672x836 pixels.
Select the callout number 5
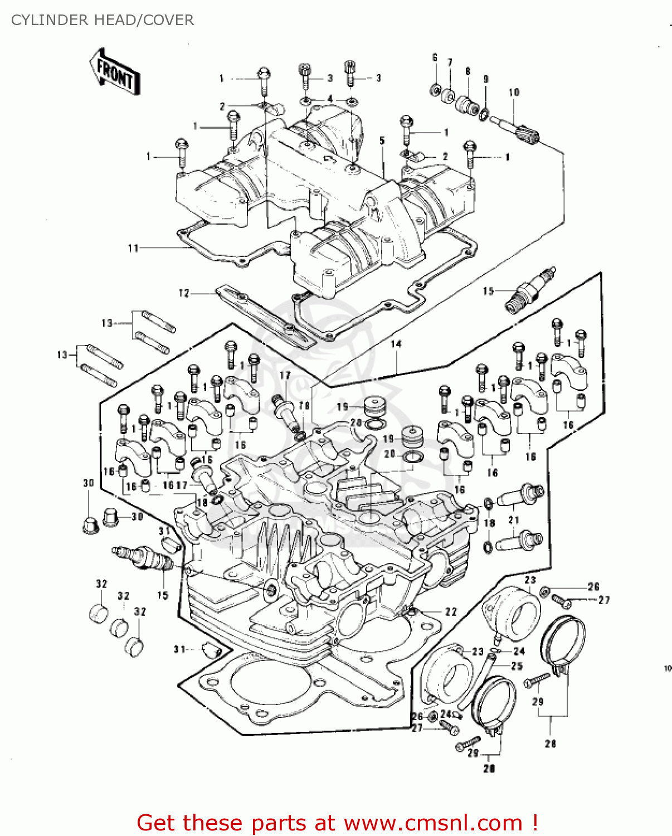(382, 140)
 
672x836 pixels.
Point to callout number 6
(435, 57)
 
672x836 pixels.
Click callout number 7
(450, 62)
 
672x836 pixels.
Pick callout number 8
(468, 71)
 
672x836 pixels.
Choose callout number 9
(486, 80)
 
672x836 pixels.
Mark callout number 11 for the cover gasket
(133, 248)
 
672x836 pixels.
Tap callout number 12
(184, 293)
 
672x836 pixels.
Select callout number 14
(396, 344)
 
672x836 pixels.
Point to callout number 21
(514, 520)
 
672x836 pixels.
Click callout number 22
(451, 611)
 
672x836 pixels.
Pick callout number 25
(517, 665)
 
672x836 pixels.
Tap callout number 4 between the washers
(330, 99)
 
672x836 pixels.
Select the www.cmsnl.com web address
(433, 823)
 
